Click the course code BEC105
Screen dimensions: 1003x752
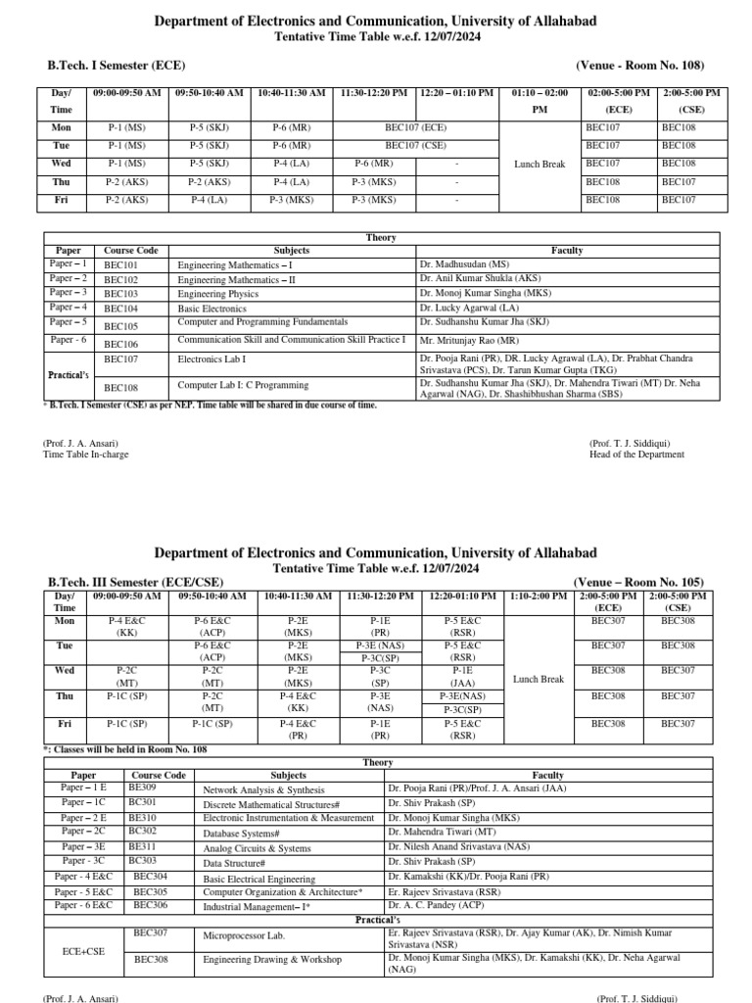coord(121,325)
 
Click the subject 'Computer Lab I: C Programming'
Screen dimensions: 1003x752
coord(243,385)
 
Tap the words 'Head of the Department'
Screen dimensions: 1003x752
coord(636,454)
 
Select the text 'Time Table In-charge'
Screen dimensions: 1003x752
coord(86,454)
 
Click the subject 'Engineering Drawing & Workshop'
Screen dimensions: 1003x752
coord(272,960)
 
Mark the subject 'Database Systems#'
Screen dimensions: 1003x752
coord(242,834)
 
